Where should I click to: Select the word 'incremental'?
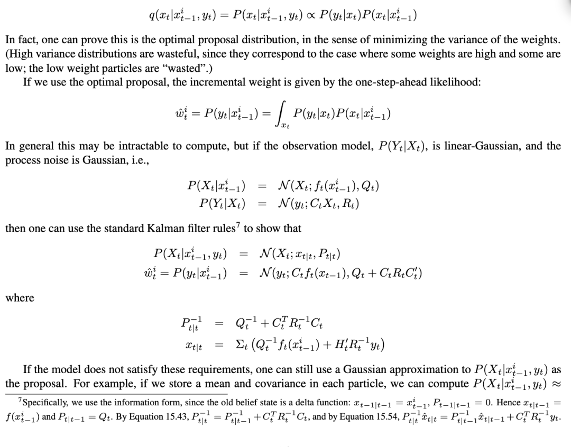(x=187, y=83)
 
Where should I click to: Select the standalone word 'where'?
(x=20, y=298)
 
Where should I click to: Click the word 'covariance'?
(x=306, y=384)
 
